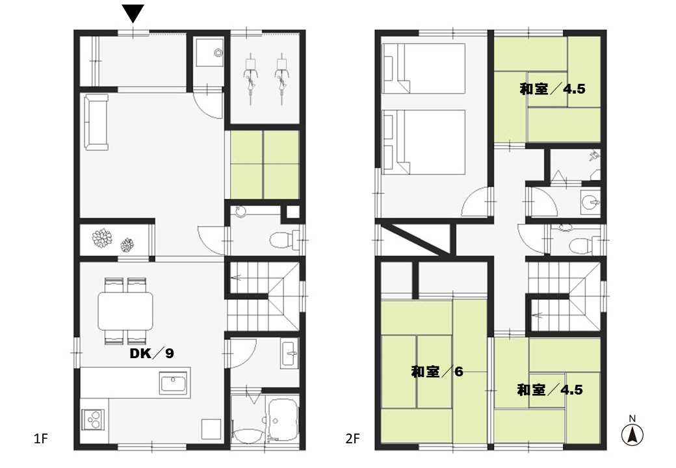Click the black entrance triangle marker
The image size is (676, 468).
133,14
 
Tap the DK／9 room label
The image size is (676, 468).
151,354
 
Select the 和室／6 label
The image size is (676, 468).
437,371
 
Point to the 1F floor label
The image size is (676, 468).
40,439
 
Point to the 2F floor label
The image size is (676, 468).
352,439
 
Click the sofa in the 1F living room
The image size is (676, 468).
97,122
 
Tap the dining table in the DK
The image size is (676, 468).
125,311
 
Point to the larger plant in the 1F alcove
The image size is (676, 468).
102,239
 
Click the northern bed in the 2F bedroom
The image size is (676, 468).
423,68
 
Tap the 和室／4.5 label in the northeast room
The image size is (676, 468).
552,89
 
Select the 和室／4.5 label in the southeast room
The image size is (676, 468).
550,390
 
